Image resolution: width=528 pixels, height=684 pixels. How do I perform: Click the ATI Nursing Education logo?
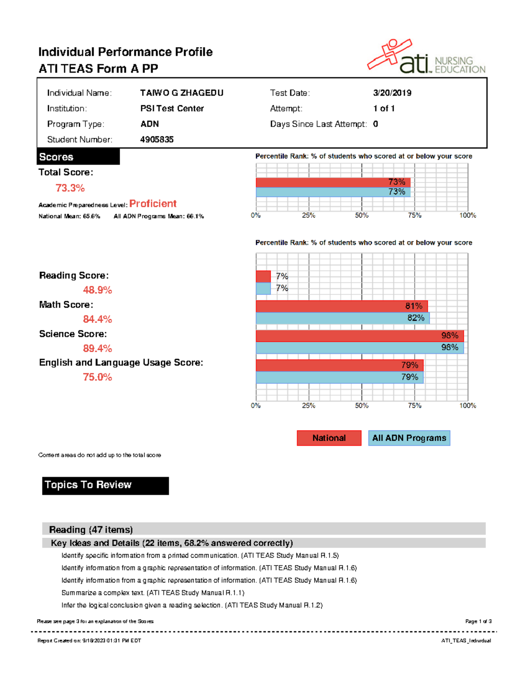[426, 57]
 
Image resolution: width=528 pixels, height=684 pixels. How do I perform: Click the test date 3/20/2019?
[392, 93]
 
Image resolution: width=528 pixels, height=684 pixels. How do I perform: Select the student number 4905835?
[157, 140]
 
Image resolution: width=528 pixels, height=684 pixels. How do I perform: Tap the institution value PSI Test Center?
[172, 108]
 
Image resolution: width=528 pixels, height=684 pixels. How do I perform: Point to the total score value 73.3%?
[70, 188]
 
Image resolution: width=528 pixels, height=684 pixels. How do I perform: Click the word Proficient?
[153, 203]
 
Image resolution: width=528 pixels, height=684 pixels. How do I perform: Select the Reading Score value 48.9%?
[97, 290]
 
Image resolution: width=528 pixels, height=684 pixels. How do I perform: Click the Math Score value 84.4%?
[97, 319]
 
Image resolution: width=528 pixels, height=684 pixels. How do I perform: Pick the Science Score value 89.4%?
[97, 348]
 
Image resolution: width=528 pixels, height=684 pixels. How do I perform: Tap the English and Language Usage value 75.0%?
[97, 377]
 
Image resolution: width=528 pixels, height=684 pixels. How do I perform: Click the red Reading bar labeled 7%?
[263, 277]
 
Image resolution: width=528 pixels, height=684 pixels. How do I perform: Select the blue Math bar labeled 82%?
[342, 318]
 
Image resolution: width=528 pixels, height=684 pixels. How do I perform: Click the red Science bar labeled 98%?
[359, 336]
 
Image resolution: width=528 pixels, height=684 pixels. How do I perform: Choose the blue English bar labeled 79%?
[339, 377]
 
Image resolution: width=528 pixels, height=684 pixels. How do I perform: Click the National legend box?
[329, 438]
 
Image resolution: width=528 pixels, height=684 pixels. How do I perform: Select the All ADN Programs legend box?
[409, 438]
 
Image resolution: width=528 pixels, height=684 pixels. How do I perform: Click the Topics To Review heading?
[105, 485]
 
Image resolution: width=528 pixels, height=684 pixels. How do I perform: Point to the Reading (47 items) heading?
[91, 529]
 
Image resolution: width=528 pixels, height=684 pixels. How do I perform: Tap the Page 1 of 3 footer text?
[478, 621]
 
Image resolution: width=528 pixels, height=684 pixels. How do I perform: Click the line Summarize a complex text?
[153, 593]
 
